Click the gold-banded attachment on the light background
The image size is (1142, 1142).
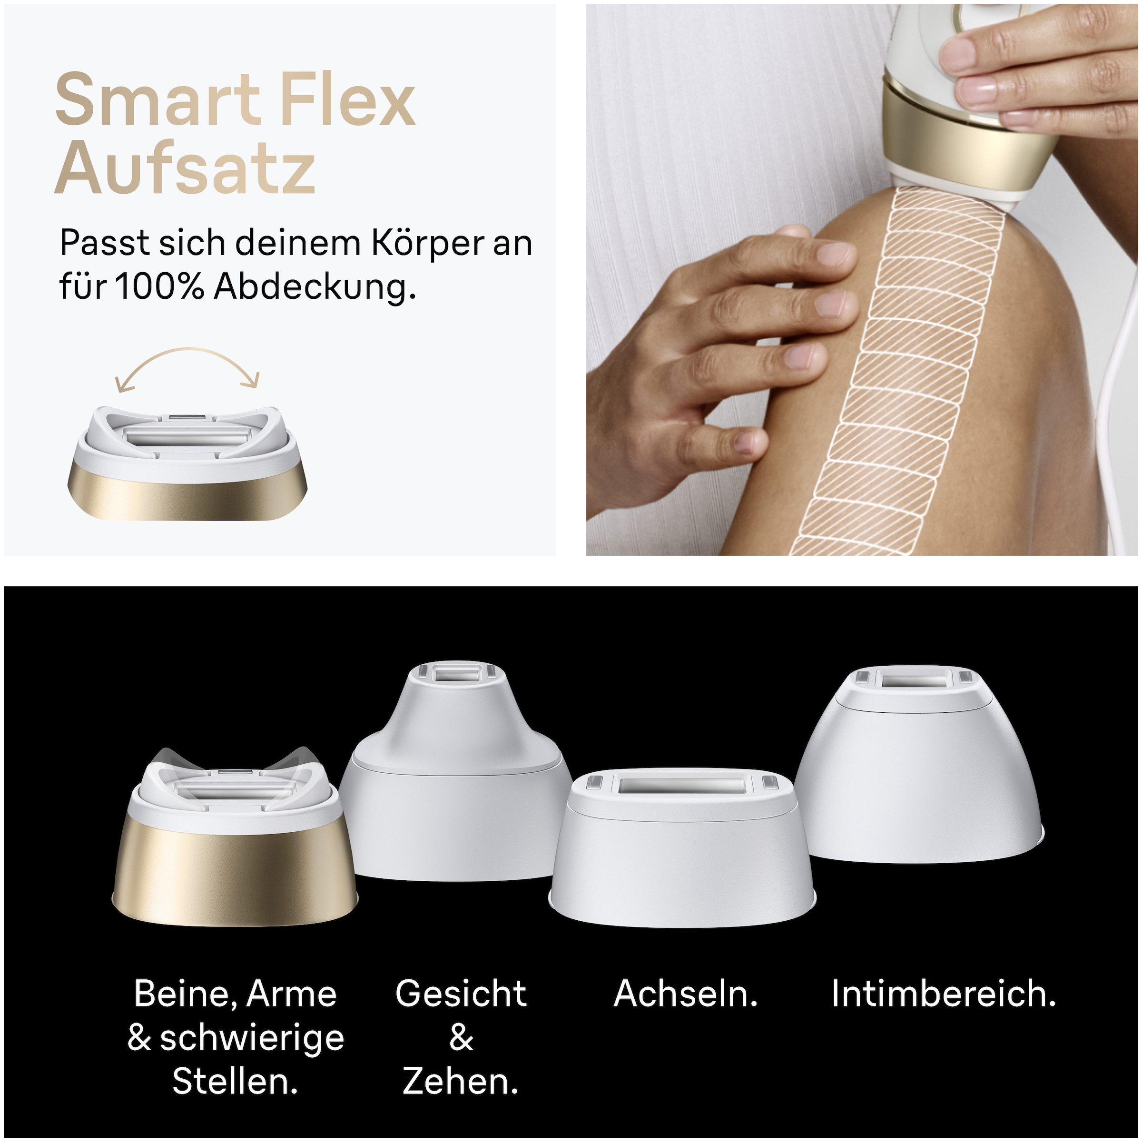[x=187, y=467]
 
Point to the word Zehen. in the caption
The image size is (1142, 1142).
[x=461, y=1082]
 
